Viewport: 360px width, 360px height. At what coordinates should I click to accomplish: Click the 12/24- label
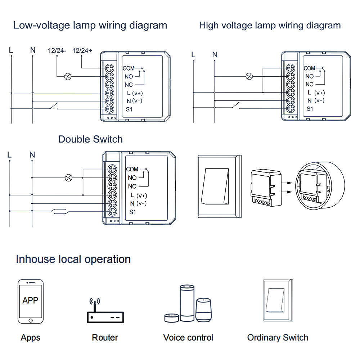point(57,51)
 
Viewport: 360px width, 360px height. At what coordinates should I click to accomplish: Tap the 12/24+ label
point(82,51)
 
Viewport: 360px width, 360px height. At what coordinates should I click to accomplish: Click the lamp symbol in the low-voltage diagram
point(67,76)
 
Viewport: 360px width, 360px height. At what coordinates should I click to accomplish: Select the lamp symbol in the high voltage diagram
point(249,76)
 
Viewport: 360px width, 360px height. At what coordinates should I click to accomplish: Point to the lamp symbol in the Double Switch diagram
point(68,177)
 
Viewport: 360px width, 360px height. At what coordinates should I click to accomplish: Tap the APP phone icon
point(30,301)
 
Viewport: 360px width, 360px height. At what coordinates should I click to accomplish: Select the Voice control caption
point(188,338)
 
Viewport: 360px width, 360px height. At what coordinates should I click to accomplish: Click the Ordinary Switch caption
point(278,338)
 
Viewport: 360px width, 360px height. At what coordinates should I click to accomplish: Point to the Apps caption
point(30,338)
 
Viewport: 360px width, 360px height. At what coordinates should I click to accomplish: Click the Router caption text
point(105,338)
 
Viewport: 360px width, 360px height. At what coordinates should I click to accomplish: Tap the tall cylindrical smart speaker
point(187,303)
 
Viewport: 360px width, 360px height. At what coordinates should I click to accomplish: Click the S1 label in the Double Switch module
point(133,212)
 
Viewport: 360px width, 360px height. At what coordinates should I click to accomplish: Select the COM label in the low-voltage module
point(128,68)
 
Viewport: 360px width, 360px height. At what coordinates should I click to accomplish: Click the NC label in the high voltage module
point(309,85)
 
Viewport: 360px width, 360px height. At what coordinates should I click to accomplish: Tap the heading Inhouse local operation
point(73,259)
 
